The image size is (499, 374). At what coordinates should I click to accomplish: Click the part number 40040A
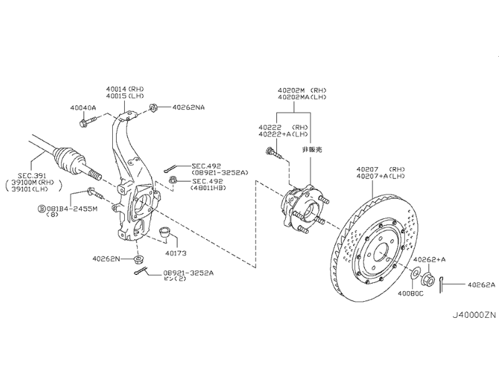(x=83, y=108)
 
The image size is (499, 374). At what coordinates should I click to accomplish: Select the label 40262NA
(x=188, y=107)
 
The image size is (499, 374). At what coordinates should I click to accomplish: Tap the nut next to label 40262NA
(x=153, y=107)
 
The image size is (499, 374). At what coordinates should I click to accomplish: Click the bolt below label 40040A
(x=88, y=122)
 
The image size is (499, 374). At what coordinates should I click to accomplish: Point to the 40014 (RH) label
(x=125, y=89)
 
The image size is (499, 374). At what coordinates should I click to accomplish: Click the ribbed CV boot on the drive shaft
(x=69, y=159)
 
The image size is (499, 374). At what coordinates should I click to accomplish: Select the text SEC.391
(x=32, y=176)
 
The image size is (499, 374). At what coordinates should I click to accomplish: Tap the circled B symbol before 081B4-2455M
(x=42, y=209)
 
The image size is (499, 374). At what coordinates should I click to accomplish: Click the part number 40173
(x=176, y=254)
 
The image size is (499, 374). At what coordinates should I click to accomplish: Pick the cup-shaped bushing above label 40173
(x=164, y=231)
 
